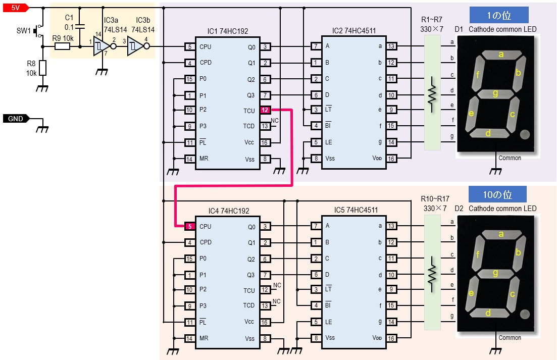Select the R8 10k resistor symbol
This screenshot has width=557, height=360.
[x=42, y=68]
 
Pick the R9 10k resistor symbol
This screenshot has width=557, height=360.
[x=62, y=46]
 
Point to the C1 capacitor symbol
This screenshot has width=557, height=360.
[x=80, y=26]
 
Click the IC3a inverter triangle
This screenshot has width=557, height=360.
[x=103, y=46]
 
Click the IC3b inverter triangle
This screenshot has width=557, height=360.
[x=136, y=46]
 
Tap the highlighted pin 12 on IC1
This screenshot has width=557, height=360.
[x=265, y=110]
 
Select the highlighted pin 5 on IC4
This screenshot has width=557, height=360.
[x=190, y=226]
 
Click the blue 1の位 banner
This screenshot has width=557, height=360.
[x=499, y=15]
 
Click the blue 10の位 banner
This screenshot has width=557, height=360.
[x=497, y=194]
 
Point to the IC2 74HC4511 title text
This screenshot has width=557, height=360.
[x=354, y=30]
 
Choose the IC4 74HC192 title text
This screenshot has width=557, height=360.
[x=229, y=211]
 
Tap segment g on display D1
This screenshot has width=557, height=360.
[x=495, y=94]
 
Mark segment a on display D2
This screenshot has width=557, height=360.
[x=501, y=234]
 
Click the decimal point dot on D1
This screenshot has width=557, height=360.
[x=525, y=134]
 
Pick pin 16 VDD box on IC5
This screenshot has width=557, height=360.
[x=391, y=338]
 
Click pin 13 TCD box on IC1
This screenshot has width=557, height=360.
[x=265, y=126]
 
